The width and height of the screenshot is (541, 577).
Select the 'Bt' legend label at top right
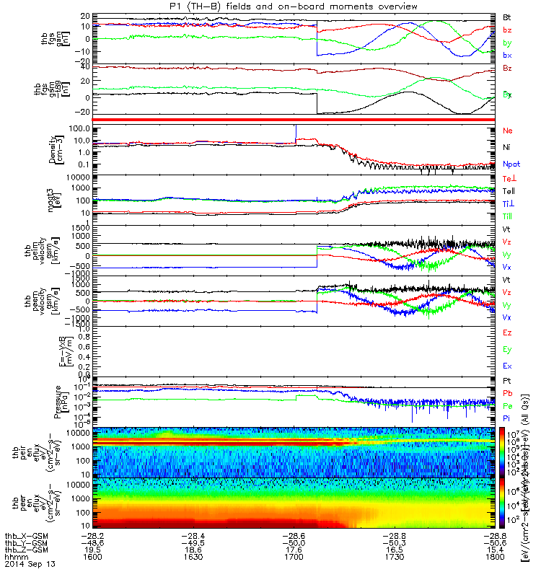coord(507,17)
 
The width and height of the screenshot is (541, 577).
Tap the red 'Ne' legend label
coord(507,131)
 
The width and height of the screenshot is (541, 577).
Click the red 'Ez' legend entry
coord(507,333)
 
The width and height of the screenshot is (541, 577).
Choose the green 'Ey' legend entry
coord(507,350)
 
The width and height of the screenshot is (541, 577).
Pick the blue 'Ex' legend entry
coord(507,367)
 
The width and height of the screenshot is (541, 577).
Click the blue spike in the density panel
coord(296,132)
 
